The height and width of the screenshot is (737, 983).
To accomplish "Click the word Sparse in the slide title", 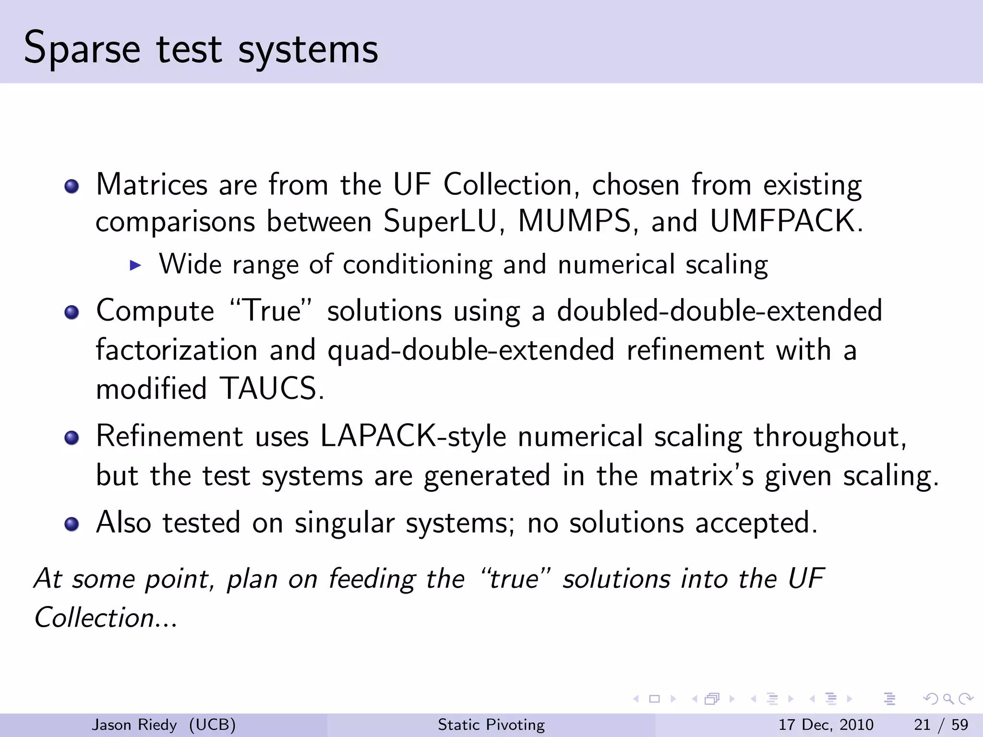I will click(82, 49).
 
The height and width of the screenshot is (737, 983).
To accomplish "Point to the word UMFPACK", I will click(786, 222).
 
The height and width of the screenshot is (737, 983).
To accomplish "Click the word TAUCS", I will click(272, 388).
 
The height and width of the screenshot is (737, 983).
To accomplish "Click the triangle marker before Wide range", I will click(135, 265).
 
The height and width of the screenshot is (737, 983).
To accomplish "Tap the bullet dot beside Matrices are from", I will click(72, 186).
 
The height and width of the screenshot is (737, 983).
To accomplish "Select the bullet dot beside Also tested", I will click(72, 524).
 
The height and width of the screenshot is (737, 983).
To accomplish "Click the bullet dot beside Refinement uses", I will click(72, 438).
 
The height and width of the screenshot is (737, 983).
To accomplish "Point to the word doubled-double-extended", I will click(719, 310).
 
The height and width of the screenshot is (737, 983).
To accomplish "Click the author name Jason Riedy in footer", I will click(134, 725).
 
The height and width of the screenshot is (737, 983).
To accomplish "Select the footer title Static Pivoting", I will click(491, 725).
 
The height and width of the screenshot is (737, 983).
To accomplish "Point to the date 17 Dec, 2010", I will click(826, 725).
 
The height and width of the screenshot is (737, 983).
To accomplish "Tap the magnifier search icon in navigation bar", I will click(948, 699).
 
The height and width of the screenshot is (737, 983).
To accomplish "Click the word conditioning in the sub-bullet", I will click(418, 265).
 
